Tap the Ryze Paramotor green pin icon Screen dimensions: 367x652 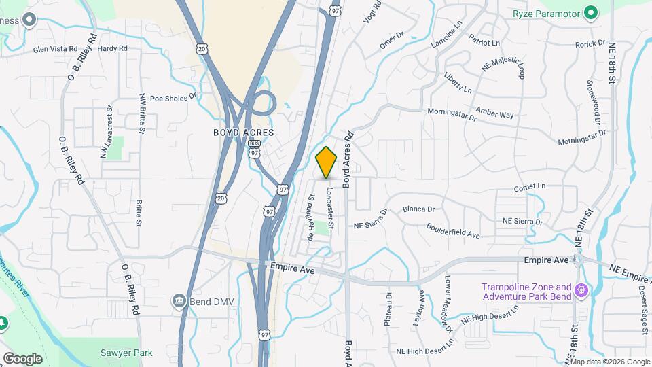591,13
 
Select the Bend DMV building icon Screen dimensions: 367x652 179,300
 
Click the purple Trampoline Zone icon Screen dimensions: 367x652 581,292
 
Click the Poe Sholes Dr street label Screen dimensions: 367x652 173,97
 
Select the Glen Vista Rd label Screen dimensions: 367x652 51,49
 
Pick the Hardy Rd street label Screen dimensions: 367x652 113,49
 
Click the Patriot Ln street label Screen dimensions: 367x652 484,43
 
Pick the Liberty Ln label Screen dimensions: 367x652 458,82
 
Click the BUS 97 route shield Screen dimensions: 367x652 255,148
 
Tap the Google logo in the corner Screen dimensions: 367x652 22,359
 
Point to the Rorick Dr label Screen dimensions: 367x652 590,44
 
